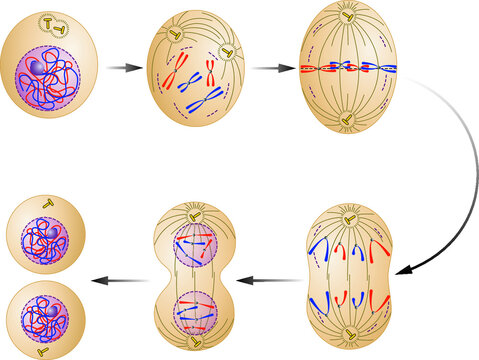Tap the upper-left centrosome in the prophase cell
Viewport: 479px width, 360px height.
pos(177,36)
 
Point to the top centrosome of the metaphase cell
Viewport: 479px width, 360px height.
pos(345,17)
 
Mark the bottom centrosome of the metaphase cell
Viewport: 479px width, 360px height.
pos(345,121)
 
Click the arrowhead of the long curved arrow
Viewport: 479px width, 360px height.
pos(400,269)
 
